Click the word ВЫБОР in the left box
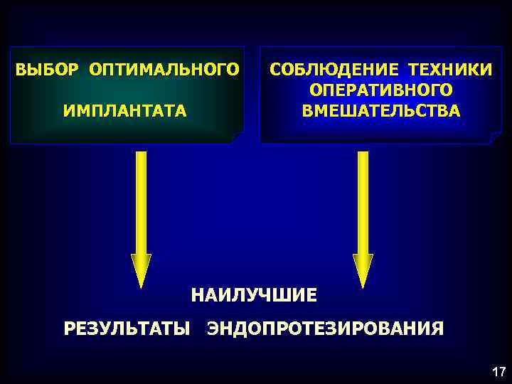tap(48, 70)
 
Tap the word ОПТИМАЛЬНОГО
tap(164, 70)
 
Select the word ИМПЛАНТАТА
tap(125, 111)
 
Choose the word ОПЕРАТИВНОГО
tap(380, 90)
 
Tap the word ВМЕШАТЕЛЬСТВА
tap(380, 112)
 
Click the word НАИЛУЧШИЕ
tap(254, 294)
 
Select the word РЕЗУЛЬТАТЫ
tap(127, 328)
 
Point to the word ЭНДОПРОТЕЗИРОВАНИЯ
tap(325, 328)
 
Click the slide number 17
tap(498, 372)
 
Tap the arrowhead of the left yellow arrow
tap(142, 270)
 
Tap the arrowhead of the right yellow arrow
tap(363, 270)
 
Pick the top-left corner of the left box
tap(11, 48)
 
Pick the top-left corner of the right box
tap(261, 48)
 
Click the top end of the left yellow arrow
tap(142, 154)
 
